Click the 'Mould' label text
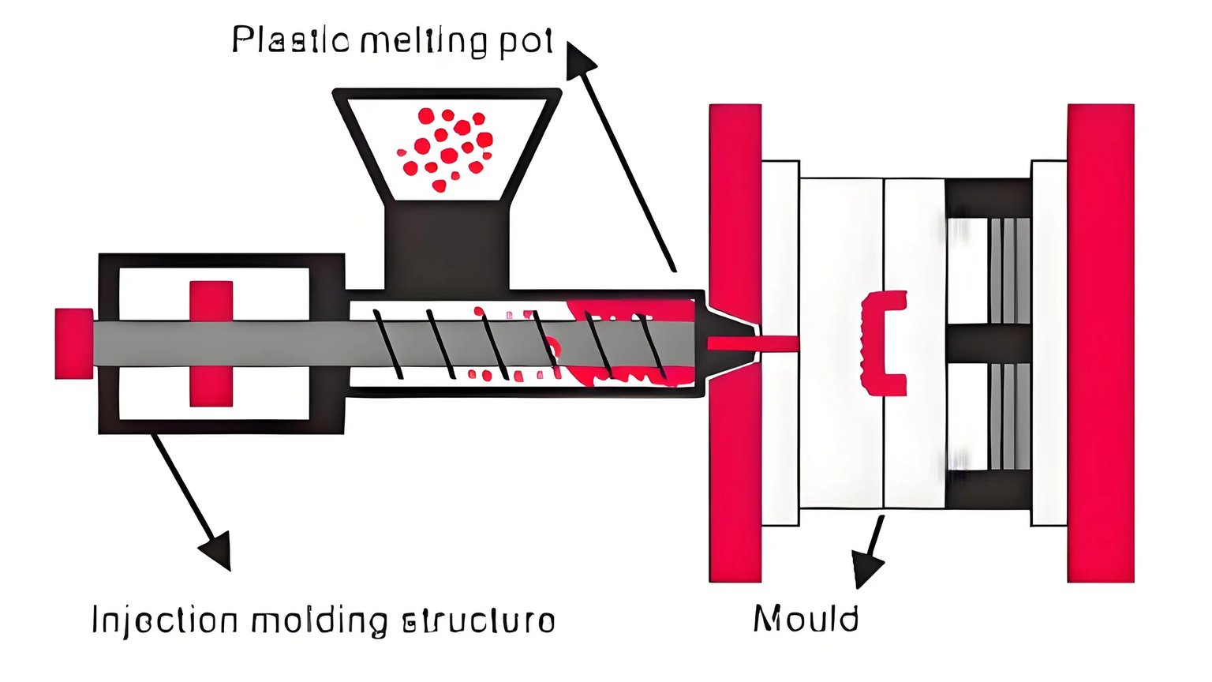806,618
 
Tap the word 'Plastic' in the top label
290,39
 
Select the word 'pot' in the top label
526,40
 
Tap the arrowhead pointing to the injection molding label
216,550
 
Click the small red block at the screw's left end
73,343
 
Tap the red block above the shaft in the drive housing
211,300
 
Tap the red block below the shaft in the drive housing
211,387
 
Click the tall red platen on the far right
1100,343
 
